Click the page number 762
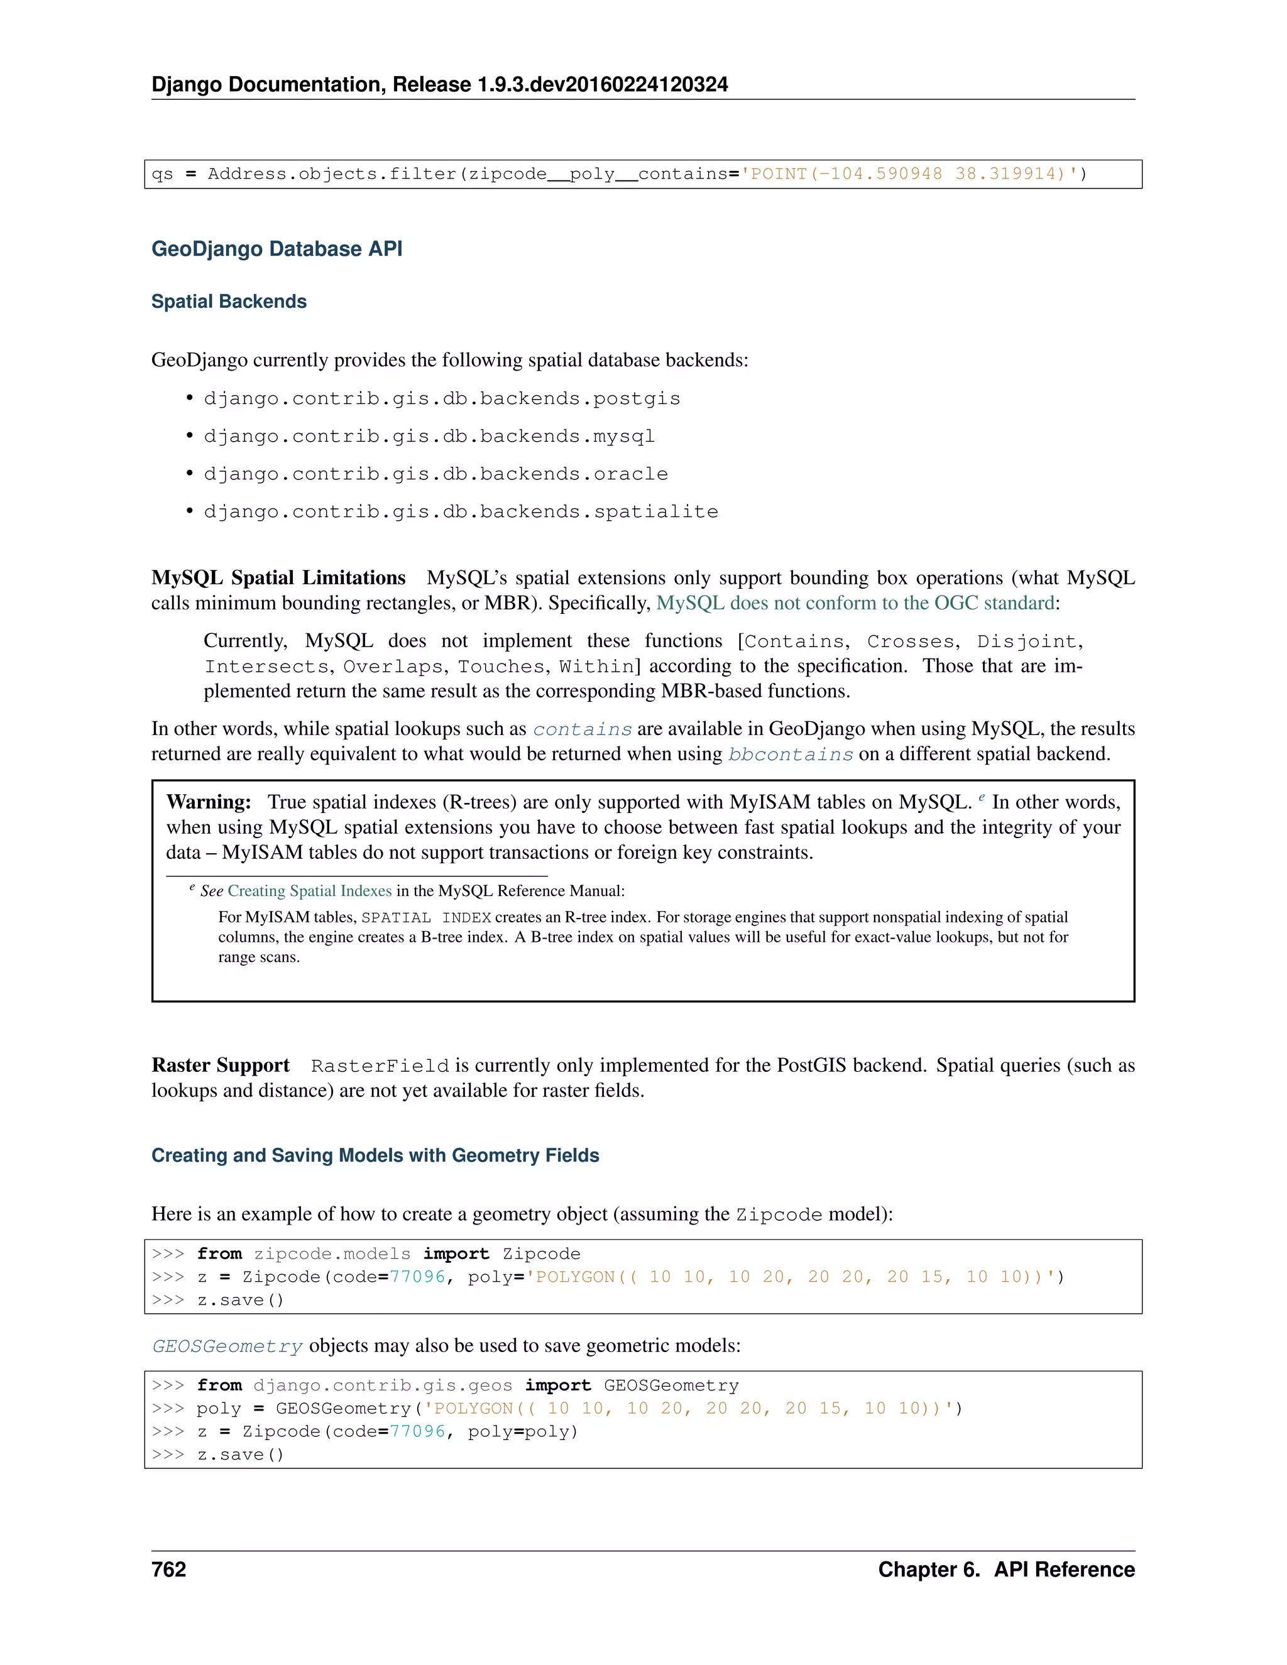click(168, 1569)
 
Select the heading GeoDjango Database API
click(277, 249)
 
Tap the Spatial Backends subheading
click(229, 302)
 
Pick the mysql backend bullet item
click(429, 436)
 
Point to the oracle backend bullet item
click(435, 474)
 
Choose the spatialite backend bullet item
click(461, 511)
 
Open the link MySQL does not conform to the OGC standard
click(855, 603)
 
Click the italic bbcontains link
click(790, 755)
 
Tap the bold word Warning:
click(209, 802)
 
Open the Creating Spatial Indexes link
click(310, 891)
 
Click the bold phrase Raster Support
click(221, 1065)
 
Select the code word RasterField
click(380, 1066)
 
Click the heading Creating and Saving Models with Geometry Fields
click(375, 1155)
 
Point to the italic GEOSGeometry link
click(227, 1346)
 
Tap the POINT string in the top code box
click(913, 175)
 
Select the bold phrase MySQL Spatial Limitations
click(278, 578)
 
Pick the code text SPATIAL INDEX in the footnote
click(425, 918)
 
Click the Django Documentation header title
click(439, 85)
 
